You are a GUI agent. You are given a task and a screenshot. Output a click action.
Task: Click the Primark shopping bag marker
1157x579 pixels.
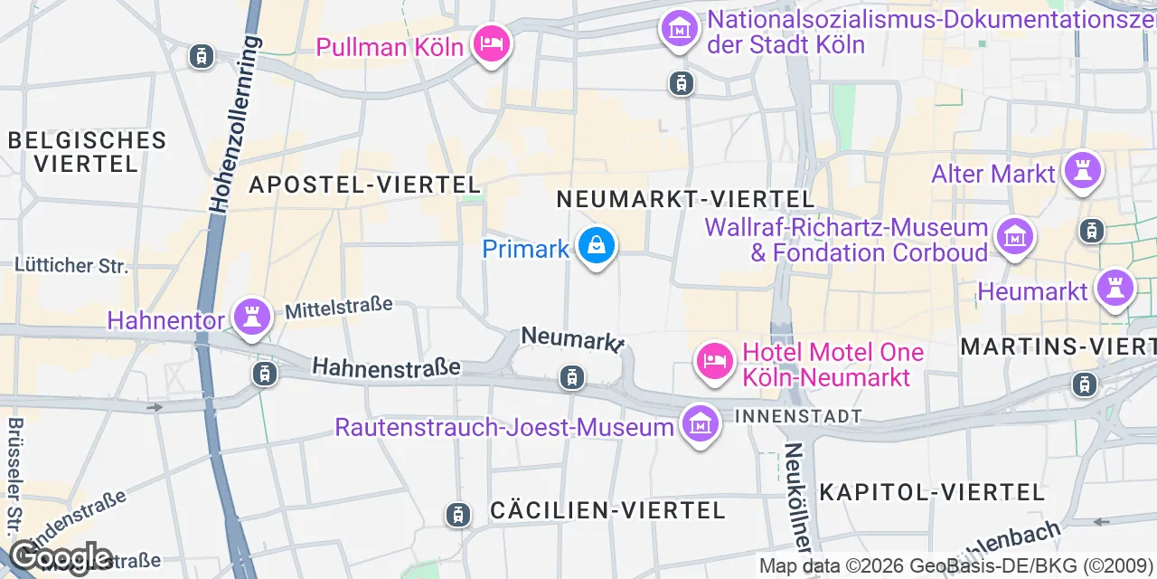tap(596, 245)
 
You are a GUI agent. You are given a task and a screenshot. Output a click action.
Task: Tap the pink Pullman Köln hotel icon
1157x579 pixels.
tap(492, 43)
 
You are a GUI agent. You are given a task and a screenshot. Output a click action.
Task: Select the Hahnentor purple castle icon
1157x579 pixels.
tap(251, 317)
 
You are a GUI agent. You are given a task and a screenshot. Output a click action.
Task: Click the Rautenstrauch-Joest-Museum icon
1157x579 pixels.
tap(700, 423)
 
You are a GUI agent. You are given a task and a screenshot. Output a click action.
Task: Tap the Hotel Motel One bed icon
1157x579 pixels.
tap(714, 361)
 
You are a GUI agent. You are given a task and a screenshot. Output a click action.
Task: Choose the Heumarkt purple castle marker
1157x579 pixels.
tap(1114, 289)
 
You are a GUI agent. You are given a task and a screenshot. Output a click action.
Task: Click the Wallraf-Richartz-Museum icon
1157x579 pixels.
tap(1014, 237)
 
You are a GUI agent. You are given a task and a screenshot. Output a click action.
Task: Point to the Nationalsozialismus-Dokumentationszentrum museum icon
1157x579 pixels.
tap(679, 28)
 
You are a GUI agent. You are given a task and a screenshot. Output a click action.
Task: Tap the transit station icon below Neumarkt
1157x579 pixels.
tap(571, 377)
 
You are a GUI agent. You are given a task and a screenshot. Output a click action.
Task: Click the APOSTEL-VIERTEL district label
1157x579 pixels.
tap(364, 185)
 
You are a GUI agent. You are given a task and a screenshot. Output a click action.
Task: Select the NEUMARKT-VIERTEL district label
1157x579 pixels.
tap(685, 199)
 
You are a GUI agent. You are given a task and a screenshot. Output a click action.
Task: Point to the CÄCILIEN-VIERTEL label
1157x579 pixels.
tap(607, 510)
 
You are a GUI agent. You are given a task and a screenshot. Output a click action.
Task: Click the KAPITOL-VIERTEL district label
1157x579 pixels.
tap(932, 492)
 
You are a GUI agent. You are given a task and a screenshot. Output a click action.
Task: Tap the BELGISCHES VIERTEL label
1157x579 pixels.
tap(88, 152)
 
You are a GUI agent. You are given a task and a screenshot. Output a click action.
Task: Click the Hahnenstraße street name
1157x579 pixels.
tap(386, 367)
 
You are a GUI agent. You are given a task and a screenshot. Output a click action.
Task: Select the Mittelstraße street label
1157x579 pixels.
tap(339, 308)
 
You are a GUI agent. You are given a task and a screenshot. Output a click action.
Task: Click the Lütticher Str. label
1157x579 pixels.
tap(71, 266)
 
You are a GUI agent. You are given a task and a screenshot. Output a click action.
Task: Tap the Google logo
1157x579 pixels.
tap(61, 557)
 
